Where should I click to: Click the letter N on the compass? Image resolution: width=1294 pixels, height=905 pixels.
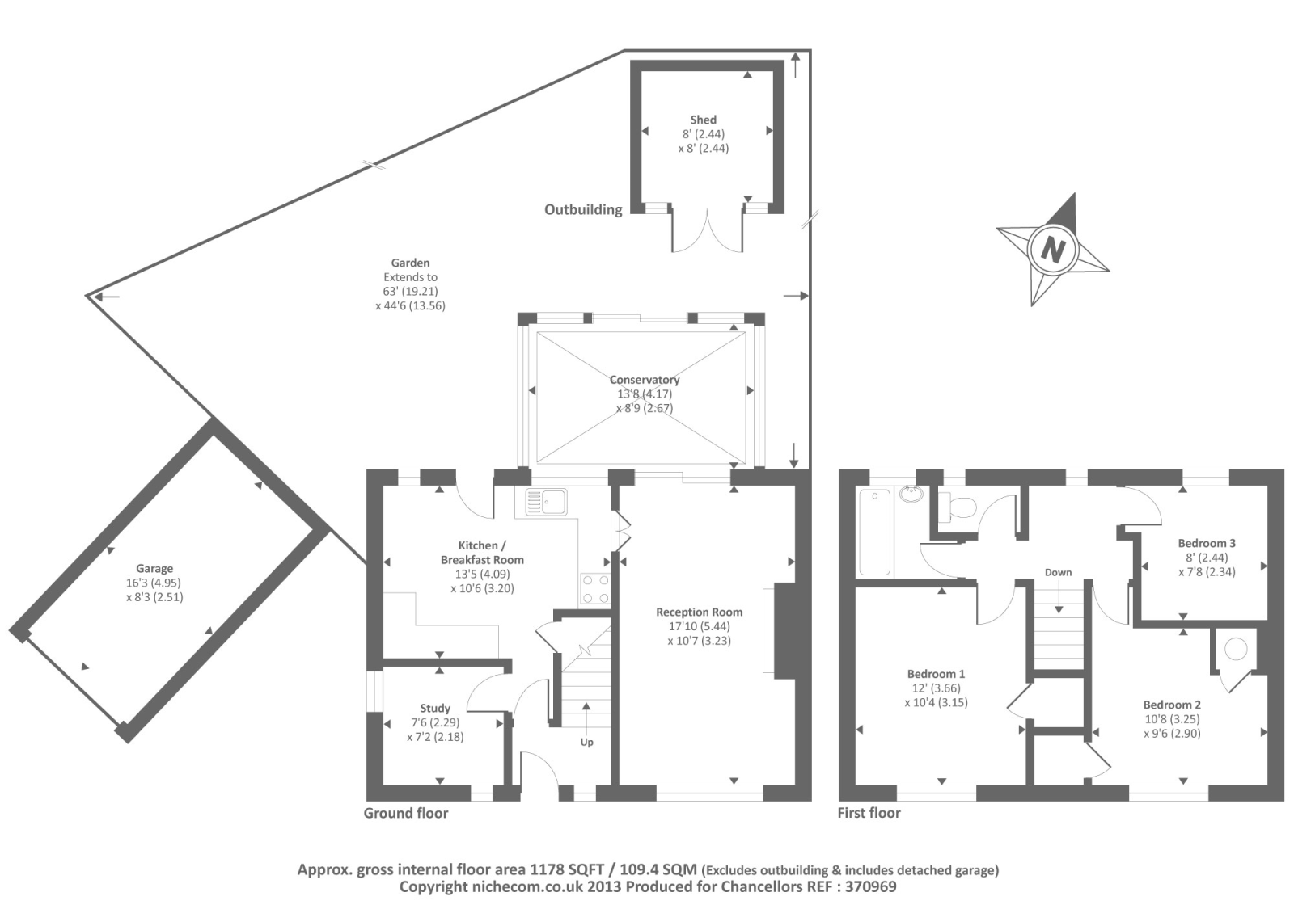[x=1052, y=249]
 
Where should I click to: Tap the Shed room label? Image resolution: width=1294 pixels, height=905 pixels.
[x=703, y=120]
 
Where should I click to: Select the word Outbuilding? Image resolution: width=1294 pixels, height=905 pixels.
[x=583, y=209]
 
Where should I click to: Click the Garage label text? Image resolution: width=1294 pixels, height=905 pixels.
[x=154, y=568]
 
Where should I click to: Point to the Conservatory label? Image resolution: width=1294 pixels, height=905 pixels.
[x=645, y=380]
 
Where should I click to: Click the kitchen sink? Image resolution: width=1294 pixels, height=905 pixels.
[x=547, y=502]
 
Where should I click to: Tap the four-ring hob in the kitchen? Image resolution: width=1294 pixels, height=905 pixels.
[x=595, y=588]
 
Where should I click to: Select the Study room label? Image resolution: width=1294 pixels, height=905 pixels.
[x=435, y=708]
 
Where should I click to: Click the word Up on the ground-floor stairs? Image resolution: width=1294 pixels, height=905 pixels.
[x=586, y=742]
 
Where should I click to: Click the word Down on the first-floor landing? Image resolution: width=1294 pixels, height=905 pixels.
[x=1058, y=572]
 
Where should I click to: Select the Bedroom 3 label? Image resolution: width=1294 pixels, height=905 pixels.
[x=1207, y=543]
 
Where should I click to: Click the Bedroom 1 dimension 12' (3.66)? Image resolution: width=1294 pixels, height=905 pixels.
[x=936, y=688]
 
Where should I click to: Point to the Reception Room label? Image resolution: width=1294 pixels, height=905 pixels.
[x=699, y=612]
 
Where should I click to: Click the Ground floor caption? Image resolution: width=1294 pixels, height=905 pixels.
[x=405, y=813]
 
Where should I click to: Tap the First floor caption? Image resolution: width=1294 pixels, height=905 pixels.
[x=869, y=813]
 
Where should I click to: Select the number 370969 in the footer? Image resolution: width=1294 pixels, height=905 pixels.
[x=868, y=886]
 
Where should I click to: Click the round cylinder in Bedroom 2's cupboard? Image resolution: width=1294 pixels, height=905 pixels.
[x=1235, y=648]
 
